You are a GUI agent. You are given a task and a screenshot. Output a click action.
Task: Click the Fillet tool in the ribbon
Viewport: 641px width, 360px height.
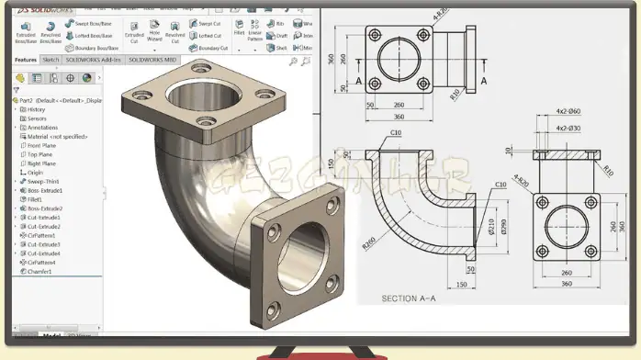pyautogui.click(x=239, y=31)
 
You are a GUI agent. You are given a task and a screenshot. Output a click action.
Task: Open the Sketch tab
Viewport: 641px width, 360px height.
pyautogui.click(x=51, y=60)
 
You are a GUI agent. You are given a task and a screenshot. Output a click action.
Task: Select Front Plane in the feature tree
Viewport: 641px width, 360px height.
pyautogui.click(x=41, y=145)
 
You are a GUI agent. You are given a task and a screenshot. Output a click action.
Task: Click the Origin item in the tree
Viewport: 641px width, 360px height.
pyautogui.click(x=34, y=172)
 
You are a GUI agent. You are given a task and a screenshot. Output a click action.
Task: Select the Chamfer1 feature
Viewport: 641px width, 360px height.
pyautogui.click(x=38, y=271)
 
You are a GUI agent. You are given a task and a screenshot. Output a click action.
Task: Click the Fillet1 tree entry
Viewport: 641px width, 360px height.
pyautogui.click(x=35, y=198)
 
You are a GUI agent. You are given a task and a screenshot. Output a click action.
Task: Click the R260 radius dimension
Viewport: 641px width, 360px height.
pyautogui.click(x=371, y=242)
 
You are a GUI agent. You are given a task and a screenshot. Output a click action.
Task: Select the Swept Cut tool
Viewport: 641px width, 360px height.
pyautogui.click(x=208, y=23)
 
